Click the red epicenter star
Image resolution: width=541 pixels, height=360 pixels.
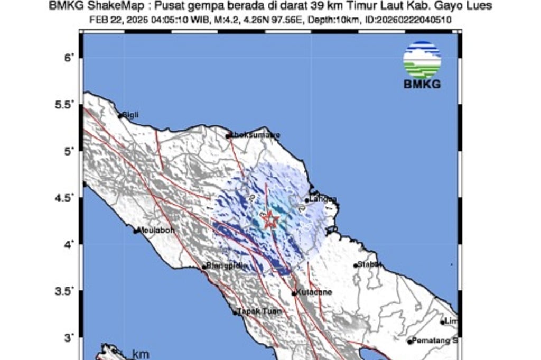[270, 219]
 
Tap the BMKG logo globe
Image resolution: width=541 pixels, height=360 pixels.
[422, 60]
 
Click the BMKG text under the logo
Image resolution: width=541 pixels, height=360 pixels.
[422, 85]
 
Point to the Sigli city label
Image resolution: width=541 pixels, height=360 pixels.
[130, 115]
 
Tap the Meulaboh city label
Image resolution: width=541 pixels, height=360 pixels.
[156, 230]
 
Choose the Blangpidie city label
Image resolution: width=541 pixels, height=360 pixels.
[227, 266]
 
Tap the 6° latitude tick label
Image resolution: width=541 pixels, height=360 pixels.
[67, 57]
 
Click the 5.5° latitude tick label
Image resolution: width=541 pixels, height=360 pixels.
[63, 104]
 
